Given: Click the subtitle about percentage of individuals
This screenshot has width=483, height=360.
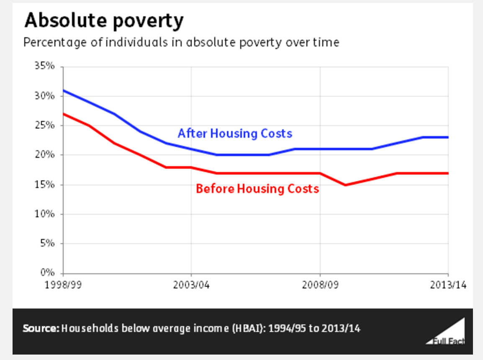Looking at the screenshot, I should point(181,42).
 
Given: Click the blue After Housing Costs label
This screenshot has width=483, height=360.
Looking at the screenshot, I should point(235,134).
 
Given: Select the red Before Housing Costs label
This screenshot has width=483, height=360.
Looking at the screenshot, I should point(257,189).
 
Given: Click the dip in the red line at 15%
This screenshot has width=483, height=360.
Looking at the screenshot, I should point(346,185).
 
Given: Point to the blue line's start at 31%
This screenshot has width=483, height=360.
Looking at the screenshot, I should point(64,90).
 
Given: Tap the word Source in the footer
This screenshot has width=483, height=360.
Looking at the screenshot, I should point(41,328).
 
